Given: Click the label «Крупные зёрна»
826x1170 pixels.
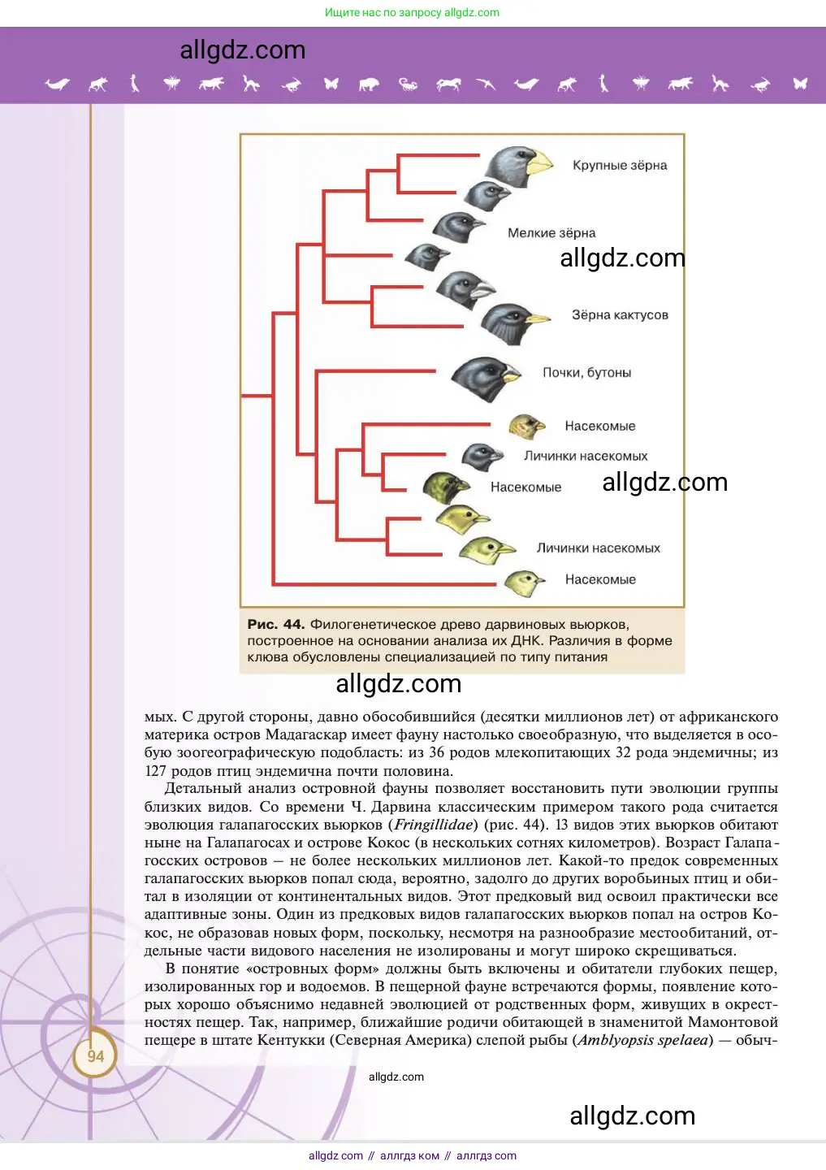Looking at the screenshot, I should pyautogui.click(x=620, y=166).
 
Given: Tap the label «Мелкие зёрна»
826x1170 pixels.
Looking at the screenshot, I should pyautogui.click(x=551, y=233).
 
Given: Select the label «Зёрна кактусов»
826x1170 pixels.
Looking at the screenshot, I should pyautogui.click(x=620, y=315).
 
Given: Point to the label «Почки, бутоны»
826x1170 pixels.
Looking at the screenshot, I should pyautogui.click(x=586, y=373).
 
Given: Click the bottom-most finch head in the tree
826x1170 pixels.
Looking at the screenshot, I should pyautogui.click(x=523, y=582).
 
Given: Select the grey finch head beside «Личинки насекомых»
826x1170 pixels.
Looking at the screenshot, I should pyautogui.click(x=482, y=457).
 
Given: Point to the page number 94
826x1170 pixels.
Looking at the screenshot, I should pyautogui.click(x=96, y=1056).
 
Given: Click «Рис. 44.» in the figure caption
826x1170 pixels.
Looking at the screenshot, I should pyautogui.click(x=275, y=625).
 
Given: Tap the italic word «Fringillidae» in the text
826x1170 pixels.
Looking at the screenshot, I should pyautogui.click(x=433, y=825).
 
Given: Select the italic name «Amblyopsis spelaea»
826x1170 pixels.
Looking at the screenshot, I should pyautogui.click(x=645, y=1040).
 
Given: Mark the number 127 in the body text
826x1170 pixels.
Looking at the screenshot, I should pyautogui.click(x=155, y=771).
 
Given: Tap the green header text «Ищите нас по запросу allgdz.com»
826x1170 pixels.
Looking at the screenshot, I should pyautogui.click(x=412, y=12).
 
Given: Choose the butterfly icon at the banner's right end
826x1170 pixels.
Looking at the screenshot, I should pyautogui.click(x=800, y=83).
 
